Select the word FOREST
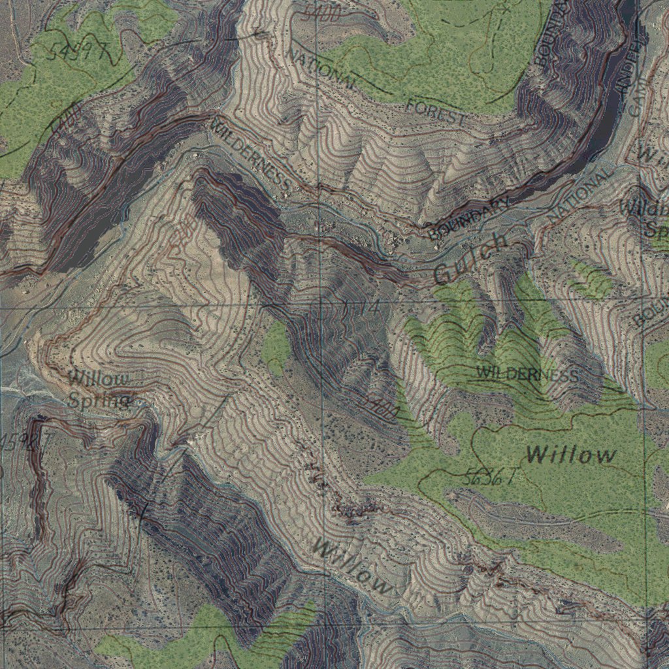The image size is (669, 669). (x=436, y=112)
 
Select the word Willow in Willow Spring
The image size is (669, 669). (x=99, y=378)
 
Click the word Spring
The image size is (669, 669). (x=98, y=400)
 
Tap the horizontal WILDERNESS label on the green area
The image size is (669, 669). (x=527, y=374)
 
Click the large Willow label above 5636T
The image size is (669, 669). (x=571, y=454)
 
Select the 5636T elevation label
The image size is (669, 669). (x=489, y=478)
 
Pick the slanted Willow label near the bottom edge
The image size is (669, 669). (x=353, y=565)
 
